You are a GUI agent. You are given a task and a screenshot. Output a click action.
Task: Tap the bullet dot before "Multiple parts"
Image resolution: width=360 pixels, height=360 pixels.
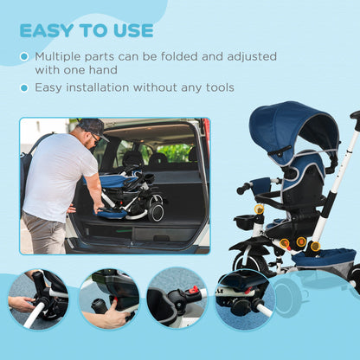24,57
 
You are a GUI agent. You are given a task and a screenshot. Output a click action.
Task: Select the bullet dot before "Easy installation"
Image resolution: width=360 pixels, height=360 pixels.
24,87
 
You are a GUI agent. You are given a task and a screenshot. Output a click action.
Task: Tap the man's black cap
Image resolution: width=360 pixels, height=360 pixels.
92,126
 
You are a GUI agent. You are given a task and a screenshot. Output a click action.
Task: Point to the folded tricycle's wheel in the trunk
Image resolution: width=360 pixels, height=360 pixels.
156,209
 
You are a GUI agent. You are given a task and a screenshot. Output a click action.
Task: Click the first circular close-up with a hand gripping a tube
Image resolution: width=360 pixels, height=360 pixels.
38,299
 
